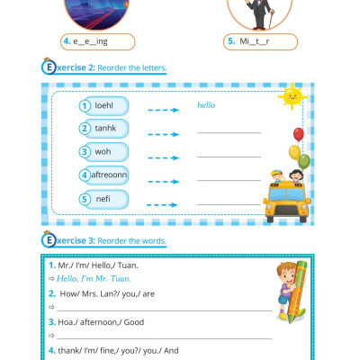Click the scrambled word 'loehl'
coord(116,105)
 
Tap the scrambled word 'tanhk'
coord(116,128)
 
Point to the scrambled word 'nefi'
coord(116,198)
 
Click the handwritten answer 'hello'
coord(207,105)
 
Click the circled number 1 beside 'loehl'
coord(85,105)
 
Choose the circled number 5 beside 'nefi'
coord(85,198)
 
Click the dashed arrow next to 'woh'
coord(163,152)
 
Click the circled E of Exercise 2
coord(48,67)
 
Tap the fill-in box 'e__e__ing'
coord(97,41)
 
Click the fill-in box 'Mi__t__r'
coord(261,41)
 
